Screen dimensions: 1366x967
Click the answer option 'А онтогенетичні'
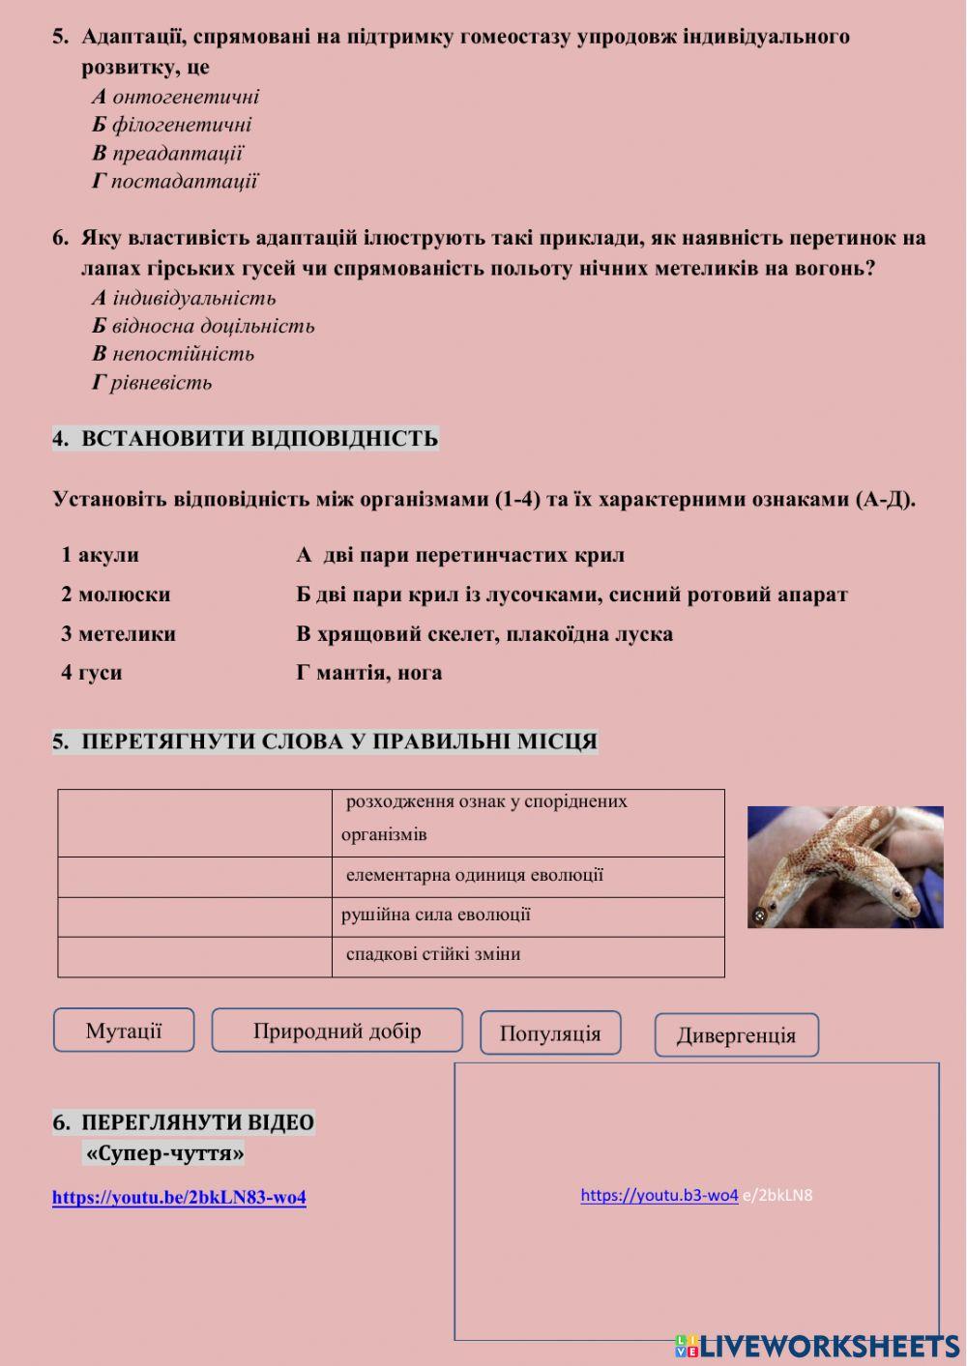click(176, 97)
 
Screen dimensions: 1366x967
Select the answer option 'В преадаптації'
click(167, 153)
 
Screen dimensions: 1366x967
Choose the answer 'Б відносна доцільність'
click(203, 326)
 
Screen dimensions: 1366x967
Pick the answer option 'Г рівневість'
click(152, 382)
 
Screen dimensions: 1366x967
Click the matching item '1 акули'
click(100, 555)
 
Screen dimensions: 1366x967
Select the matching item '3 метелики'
click(118, 634)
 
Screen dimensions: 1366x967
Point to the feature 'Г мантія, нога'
click(368, 673)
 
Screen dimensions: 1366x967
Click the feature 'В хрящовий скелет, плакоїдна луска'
click(484, 634)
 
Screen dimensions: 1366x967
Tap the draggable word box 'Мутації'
click(124, 1031)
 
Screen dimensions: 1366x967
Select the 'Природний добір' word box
click(337, 1031)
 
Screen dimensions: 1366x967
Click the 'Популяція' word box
click(550, 1033)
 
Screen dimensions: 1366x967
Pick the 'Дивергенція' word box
click(736, 1035)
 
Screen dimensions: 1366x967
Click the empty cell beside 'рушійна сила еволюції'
click(194, 916)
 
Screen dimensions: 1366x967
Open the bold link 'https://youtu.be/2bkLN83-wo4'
click(179, 1198)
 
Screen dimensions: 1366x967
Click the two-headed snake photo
click(845, 867)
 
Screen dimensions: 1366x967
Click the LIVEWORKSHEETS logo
click(817, 1346)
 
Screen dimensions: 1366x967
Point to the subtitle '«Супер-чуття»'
click(164, 1153)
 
